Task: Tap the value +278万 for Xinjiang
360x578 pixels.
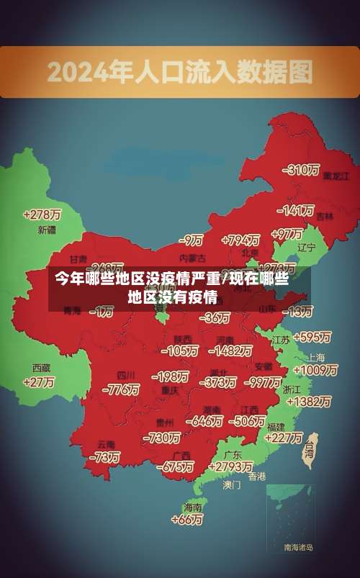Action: [42, 215]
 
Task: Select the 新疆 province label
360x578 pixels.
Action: [46, 230]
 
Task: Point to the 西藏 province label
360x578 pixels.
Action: [41, 367]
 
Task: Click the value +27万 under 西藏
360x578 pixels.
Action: [39, 382]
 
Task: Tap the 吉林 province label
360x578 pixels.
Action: [325, 216]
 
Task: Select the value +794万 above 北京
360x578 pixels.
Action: [240, 240]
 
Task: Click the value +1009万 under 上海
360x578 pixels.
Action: [316, 371]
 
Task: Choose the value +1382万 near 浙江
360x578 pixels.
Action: [311, 401]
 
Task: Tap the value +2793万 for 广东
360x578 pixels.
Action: [228, 467]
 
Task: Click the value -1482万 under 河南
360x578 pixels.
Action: [231, 351]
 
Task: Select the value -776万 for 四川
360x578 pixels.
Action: [121, 389]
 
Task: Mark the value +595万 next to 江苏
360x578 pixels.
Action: [312, 337]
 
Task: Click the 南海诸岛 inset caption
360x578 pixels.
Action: [298, 548]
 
